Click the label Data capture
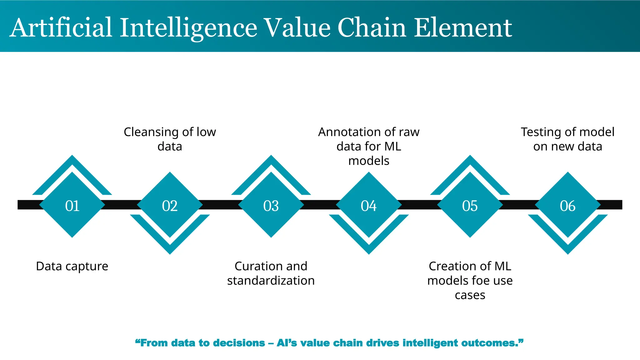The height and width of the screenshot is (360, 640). [x=72, y=266]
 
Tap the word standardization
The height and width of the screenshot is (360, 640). [x=271, y=281]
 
